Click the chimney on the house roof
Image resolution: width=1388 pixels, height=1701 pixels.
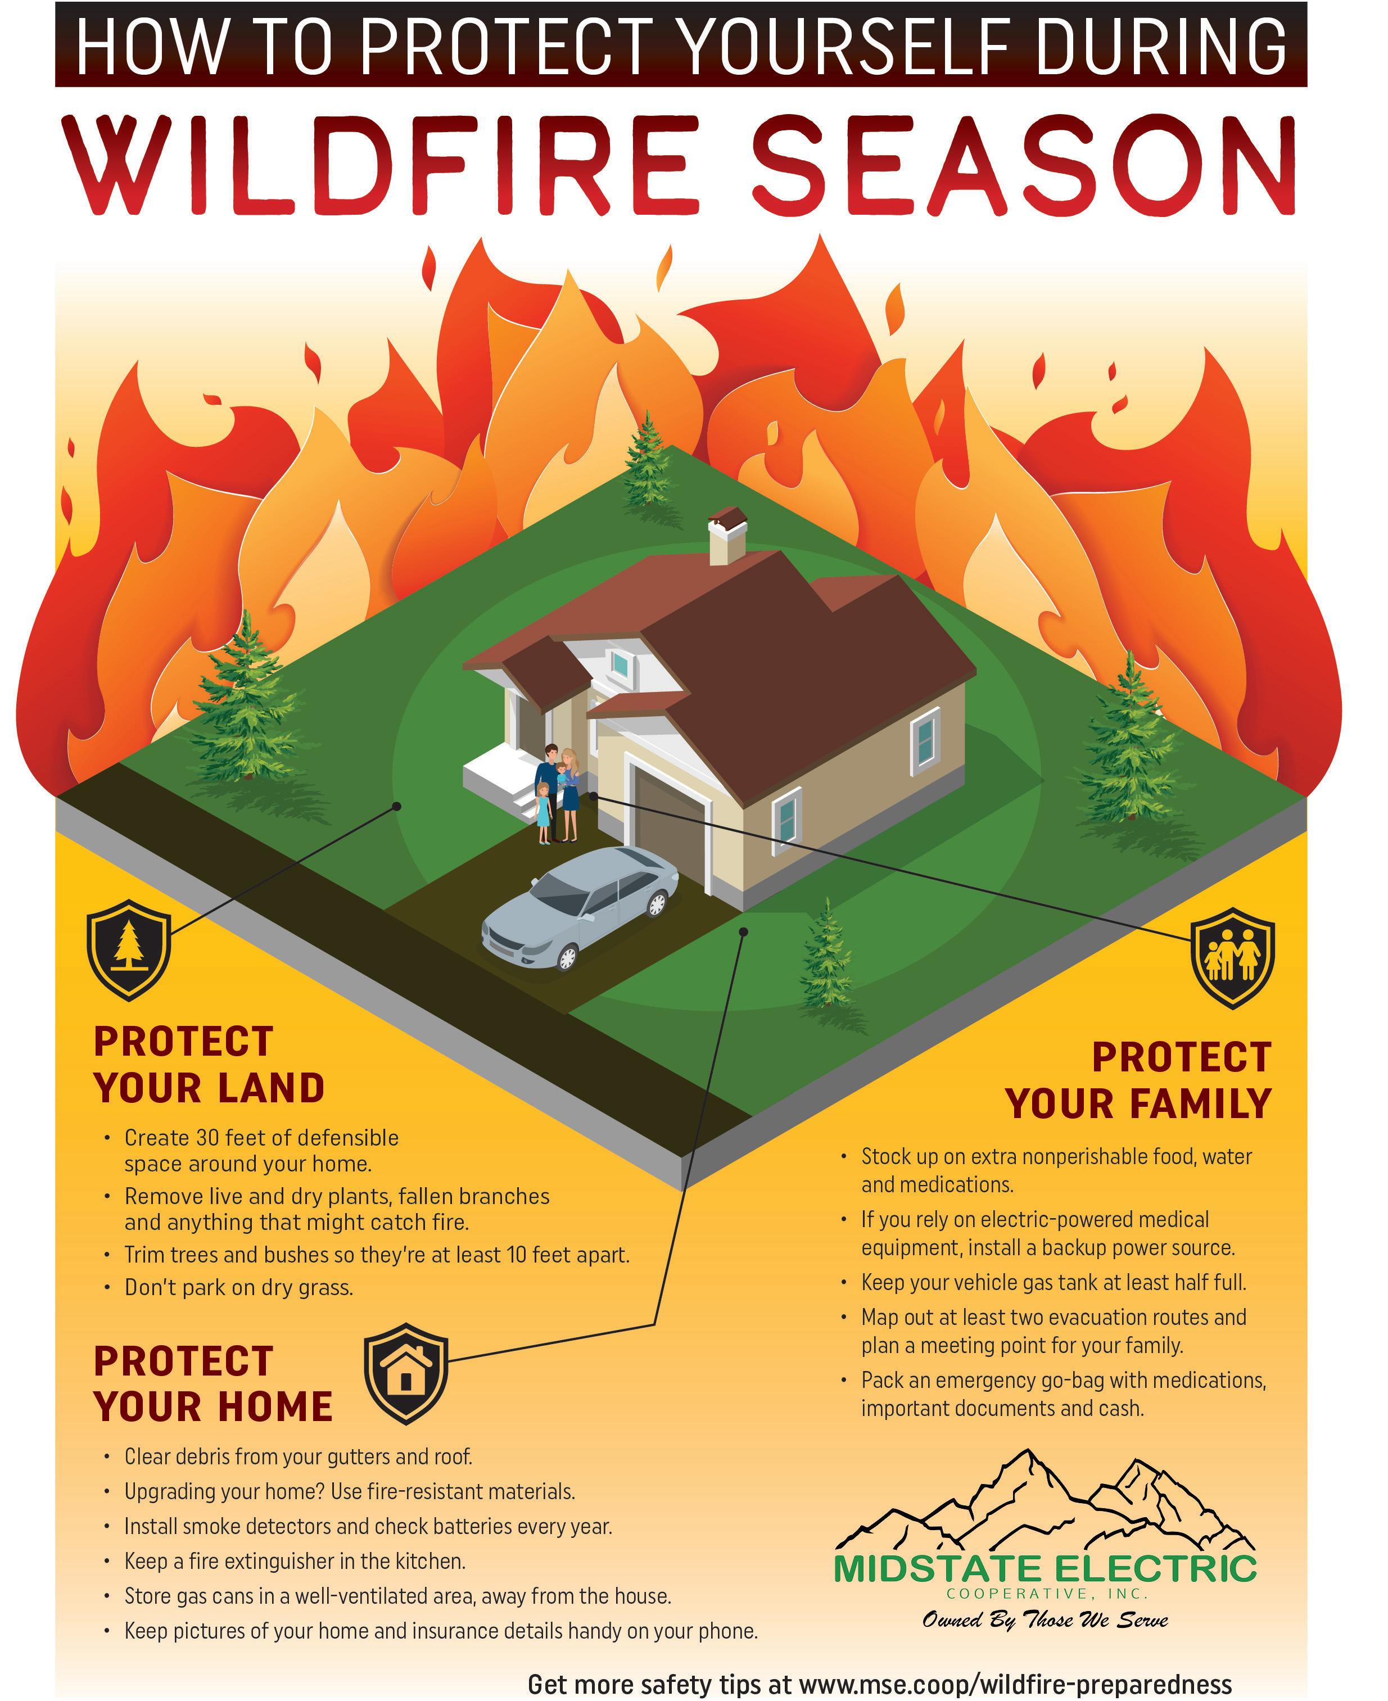[727, 536]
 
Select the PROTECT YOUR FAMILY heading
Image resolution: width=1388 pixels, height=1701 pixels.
[1138, 1081]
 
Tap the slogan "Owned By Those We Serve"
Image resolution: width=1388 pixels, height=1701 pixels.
[1045, 1620]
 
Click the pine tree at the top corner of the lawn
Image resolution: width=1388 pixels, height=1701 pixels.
[648, 461]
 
